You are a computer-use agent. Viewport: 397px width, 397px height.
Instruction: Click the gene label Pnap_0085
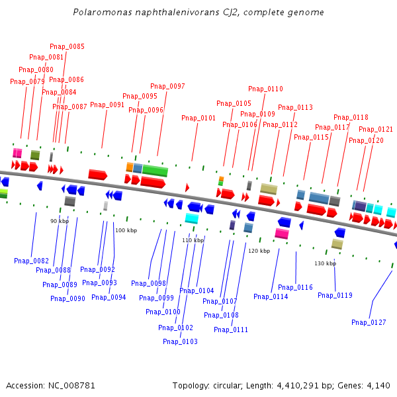coord(67,46)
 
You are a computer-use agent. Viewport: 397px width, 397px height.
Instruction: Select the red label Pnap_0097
coord(167,86)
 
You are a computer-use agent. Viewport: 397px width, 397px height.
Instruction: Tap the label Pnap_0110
coord(265,89)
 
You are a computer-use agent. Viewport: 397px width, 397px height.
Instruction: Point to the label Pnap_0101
coord(198,118)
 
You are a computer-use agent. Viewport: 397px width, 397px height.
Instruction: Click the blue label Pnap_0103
coord(180,341)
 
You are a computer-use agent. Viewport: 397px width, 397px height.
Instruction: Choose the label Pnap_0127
coord(369,322)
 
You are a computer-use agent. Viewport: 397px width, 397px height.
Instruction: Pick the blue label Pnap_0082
coord(31,261)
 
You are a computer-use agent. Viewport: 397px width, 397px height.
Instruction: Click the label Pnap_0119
coord(335,295)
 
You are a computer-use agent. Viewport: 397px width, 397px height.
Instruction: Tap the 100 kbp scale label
coord(126,230)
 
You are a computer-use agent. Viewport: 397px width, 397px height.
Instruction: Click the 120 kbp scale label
coord(259,251)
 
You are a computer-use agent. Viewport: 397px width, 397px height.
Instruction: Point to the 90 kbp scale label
coord(60,221)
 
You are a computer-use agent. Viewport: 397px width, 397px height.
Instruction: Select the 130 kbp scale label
coord(326,263)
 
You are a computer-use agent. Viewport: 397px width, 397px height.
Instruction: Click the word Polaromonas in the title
coord(103,12)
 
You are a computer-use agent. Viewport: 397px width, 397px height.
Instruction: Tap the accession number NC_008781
coord(71,386)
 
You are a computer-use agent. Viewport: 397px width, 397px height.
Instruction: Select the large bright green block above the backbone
coord(155,171)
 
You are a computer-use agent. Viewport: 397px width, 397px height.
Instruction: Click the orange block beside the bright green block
coord(130,167)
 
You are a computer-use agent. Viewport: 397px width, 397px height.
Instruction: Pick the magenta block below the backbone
coord(282,234)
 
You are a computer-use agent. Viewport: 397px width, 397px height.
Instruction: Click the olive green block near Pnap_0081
coord(35,155)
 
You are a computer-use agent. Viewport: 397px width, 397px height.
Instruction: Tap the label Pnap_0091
coord(107,105)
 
